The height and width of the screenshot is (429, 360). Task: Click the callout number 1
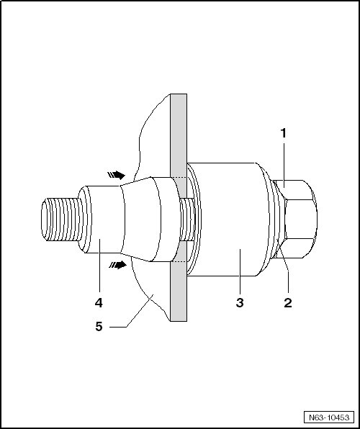(x=284, y=133)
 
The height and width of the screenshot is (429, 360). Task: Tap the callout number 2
(x=288, y=303)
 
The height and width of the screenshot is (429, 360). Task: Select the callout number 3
(x=240, y=303)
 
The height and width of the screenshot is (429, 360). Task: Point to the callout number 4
(x=99, y=303)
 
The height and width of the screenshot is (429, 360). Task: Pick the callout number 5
(x=99, y=326)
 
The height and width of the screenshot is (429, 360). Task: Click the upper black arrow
(x=117, y=175)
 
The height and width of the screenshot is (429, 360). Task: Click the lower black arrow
(x=117, y=265)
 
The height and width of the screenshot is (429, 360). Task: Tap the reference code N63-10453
(x=329, y=417)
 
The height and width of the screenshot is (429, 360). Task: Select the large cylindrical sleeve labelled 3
(x=225, y=219)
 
